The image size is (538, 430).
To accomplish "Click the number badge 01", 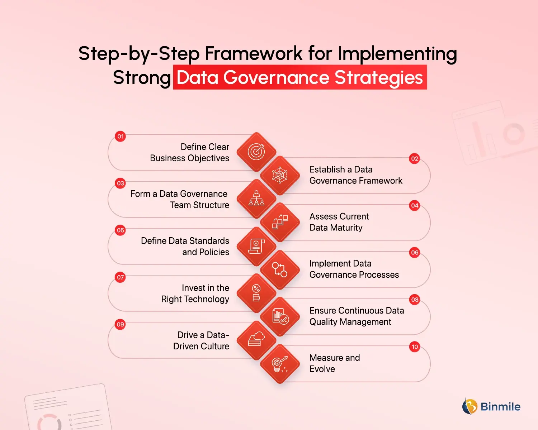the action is point(120,137).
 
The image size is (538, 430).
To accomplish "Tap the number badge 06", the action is point(415,253).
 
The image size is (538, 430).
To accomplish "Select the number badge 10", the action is point(415,347).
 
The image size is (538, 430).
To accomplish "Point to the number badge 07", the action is point(120,277).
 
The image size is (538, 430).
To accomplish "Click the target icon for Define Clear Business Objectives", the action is point(256,152).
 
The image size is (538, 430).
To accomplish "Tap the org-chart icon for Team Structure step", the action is point(256,199).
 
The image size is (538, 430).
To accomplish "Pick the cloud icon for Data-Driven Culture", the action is point(256,339).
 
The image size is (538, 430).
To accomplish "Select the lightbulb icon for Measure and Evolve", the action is point(280,364).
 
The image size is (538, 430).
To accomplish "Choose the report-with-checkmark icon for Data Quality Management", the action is point(280,316).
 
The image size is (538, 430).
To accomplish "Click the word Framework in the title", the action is point(254,53).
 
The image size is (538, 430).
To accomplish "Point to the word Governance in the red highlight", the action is point(276,77).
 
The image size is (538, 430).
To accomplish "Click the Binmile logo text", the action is point(500,407).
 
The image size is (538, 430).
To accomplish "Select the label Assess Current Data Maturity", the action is point(339,222).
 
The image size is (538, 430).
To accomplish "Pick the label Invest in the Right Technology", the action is point(195,293).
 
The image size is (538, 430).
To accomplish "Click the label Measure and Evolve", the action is point(335,363).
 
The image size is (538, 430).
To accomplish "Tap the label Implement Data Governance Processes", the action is point(354,269).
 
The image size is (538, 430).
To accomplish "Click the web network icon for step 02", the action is point(280,175).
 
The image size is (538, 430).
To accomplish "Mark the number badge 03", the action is point(120,183).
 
